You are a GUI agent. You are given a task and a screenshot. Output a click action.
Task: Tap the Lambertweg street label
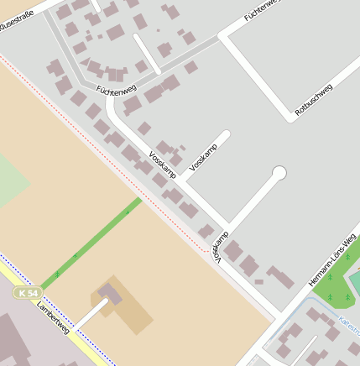click(53, 319)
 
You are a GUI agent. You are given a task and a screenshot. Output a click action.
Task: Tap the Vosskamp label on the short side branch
click(203, 158)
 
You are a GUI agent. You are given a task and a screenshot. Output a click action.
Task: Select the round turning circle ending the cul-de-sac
click(279, 173)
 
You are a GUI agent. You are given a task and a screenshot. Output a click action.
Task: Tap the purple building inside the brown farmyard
click(110, 293)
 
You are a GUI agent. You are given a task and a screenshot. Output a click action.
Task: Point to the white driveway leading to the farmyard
click(92, 315)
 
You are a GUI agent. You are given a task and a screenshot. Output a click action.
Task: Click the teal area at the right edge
click(355, 282)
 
